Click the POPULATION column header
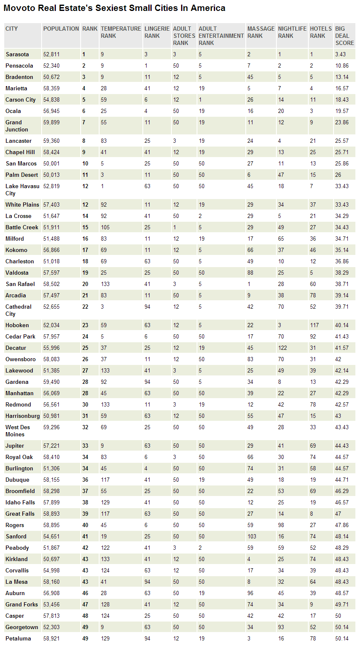coord(61,29)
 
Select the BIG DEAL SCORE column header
coord(344,36)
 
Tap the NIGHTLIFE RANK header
coord(292,32)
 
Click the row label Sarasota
coord(17,54)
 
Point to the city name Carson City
coord(21,100)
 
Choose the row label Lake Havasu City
coord(22,190)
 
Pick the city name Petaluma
coord(18,638)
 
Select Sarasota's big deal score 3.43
coord(340,54)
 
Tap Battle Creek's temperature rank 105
coord(105,227)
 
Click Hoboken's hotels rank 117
coord(314,325)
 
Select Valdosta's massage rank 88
coord(250,273)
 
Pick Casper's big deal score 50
coord(338,616)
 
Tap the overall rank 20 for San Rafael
coord(85,284)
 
